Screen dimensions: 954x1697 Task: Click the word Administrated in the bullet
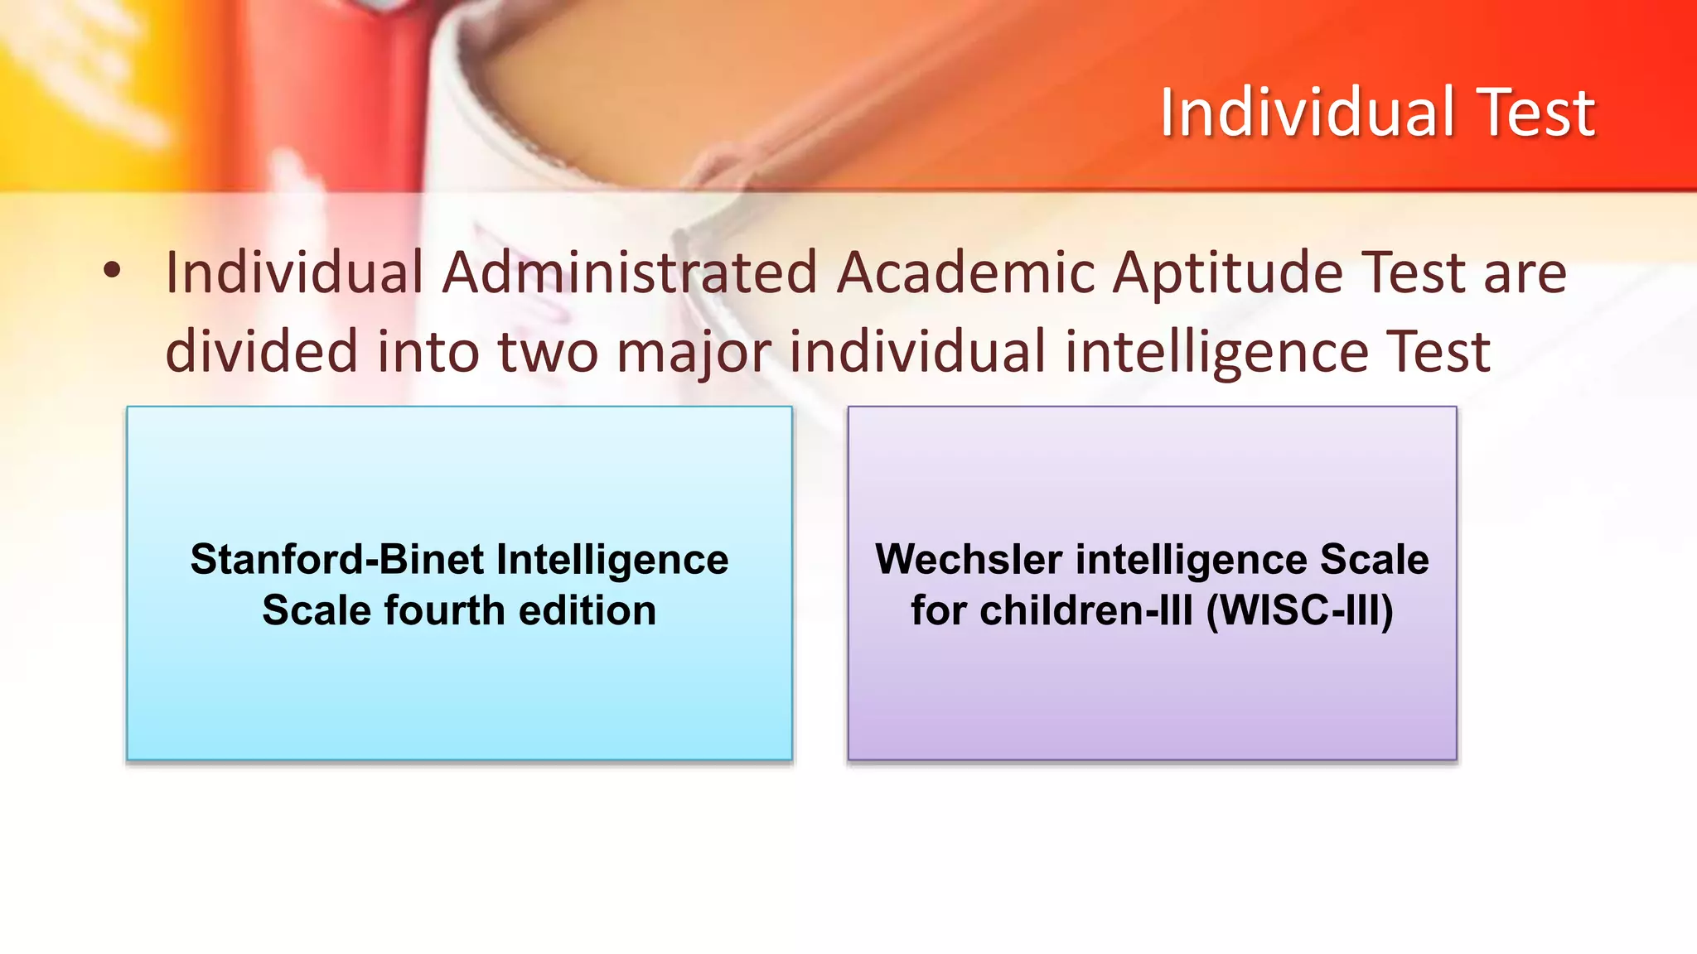pos(630,272)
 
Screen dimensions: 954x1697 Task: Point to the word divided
pos(262,351)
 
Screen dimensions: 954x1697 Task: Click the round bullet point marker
pos(112,270)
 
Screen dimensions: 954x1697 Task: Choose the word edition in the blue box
pos(587,610)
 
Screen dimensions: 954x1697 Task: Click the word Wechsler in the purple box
pos(969,559)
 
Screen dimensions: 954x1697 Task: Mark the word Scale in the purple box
pos(1375,559)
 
